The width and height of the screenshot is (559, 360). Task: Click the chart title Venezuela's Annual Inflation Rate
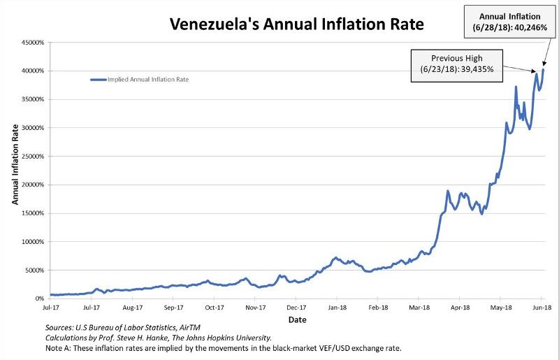click(296, 26)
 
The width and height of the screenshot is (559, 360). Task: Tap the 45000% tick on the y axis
click(32, 43)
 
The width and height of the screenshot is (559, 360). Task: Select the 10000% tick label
click(32, 242)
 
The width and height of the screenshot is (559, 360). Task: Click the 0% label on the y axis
click(39, 298)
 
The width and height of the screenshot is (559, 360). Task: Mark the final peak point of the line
click(544, 69)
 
